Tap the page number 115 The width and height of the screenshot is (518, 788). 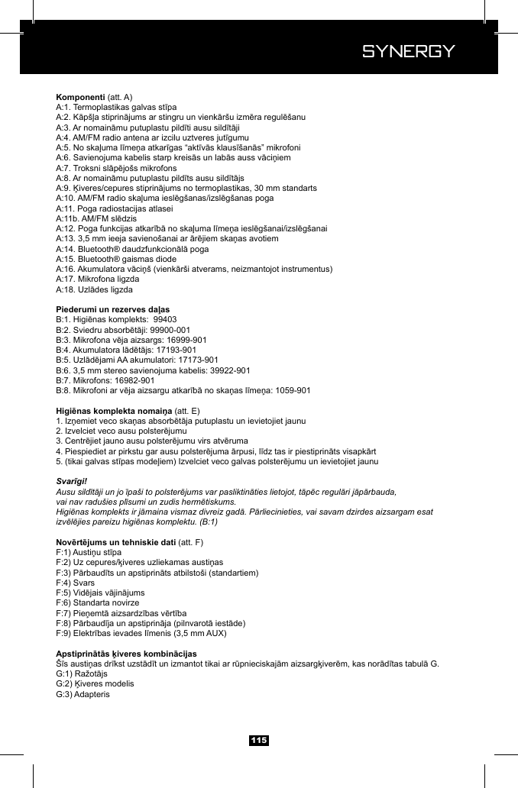(x=259, y=741)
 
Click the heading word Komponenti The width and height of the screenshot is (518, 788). (x=80, y=98)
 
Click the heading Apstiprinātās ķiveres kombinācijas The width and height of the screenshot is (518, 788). (x=126, y=654)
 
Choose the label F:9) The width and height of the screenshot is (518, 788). (x=66, y=633)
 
